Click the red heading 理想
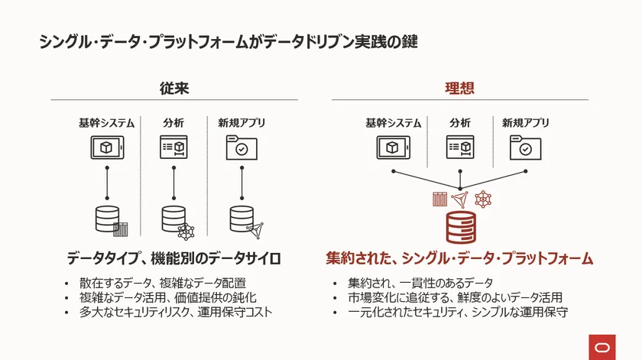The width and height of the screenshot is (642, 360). (459, 88)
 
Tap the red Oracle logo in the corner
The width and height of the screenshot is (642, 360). (602, 345)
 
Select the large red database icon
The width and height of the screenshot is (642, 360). (460, 227)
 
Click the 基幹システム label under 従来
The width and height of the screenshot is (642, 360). (106, 123)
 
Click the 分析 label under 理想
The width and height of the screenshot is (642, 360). (460, 123)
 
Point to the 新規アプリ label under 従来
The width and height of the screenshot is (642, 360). (242, 123)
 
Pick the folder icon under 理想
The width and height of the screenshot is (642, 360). (525, 148)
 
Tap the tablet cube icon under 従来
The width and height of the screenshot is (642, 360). (106, 148)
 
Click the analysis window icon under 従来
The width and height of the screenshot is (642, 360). (173, 148)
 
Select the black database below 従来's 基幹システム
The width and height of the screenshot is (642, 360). (107, 219)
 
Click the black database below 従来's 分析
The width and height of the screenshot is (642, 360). (173, 219)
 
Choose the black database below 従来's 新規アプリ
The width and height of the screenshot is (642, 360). (242, 219)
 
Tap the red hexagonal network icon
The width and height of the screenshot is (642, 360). (482, 199)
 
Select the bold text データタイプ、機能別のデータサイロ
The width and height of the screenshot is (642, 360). (173, 258)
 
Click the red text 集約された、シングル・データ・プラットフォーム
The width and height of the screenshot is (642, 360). (459, 258)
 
